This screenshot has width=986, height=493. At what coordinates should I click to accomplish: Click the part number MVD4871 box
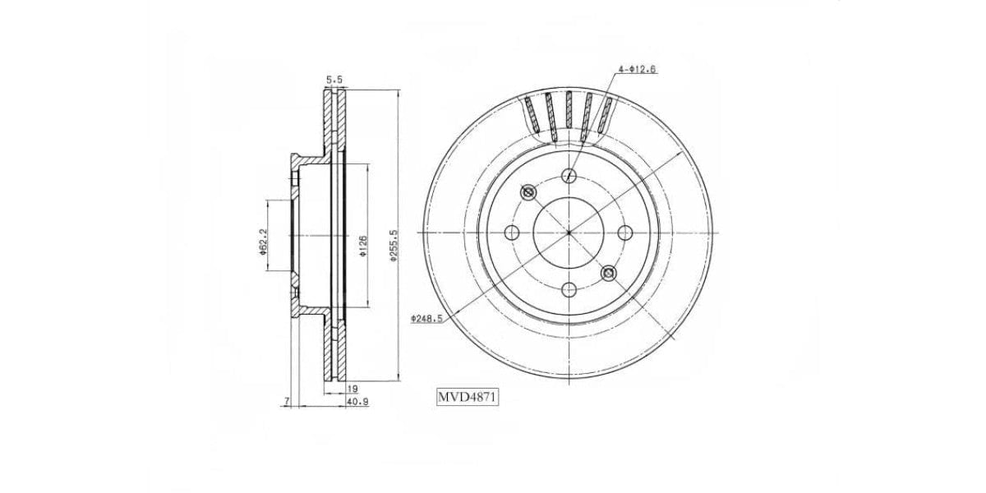pyautogui.click(x=468, y=398)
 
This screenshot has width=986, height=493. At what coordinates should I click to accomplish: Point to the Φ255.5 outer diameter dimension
pyautogui.click(x=394, y=245)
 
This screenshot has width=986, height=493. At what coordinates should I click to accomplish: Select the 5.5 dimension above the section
pyautogui.click(x=334, y=80)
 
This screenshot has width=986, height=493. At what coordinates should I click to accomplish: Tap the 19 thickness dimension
pyautogui.click(x=352, y=388)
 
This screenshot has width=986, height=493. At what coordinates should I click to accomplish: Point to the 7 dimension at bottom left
pyautogui.click(x=285, y=401)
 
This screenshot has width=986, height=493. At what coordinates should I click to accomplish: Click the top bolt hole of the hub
pyautogui.click(x=569, y=175)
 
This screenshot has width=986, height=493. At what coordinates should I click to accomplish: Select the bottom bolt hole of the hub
pyautogui.click(x=569, y=289)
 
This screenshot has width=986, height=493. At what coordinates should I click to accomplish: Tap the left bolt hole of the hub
pyautogui.click(x=512, y=233)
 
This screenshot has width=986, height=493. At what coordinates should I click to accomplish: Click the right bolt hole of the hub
pyautogui.click(x=625, y=233)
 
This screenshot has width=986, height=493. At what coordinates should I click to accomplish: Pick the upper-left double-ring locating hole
pyautogui.click(x=528, y=192)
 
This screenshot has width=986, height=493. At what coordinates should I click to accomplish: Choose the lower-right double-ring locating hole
pyautogui.click(x=609, y=273)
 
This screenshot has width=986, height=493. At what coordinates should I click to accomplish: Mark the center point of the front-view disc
pyautogui.click(x=569, y=233)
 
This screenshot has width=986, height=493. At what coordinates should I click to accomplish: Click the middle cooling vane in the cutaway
pyautogui.click(x=569, y=109)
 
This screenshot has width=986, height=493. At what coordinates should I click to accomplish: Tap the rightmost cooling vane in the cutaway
pyautogui.click(x=606, y=114)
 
